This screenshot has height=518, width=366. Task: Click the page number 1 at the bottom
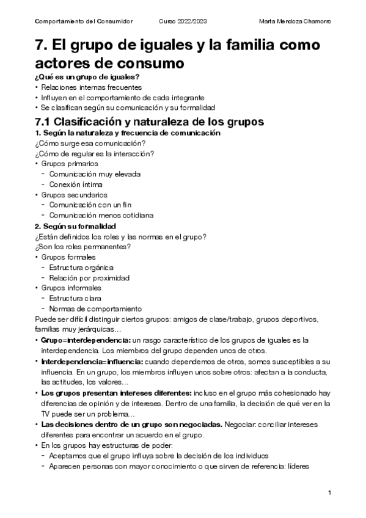(x=329, y=493)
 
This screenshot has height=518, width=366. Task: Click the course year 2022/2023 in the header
(x=183, y=22)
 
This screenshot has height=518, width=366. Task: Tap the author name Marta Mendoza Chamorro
(x=296, y=22)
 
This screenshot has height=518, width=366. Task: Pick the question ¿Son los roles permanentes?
(x=83, y=246)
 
